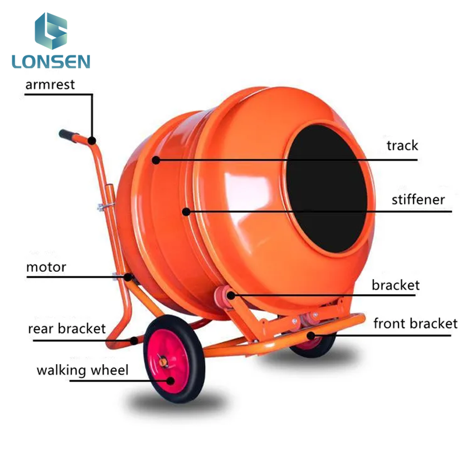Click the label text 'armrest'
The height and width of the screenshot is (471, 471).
coord(50,84)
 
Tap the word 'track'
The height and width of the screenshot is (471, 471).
coord(402,145)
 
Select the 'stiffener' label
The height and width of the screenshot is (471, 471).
coord(418,200)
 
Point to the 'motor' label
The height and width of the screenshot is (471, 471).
coord(46,267)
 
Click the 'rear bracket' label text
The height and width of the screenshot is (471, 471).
coord(67,328)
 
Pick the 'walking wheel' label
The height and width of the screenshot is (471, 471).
coord(82,369)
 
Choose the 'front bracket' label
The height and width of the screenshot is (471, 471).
coord(415,324)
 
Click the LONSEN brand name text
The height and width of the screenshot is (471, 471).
coord(51,61)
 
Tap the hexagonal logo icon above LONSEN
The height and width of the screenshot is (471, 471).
coord(51,31)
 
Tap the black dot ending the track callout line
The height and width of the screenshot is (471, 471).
coord(156,160)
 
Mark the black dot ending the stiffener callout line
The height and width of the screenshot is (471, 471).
coord(186,211)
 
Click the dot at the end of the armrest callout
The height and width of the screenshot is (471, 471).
coord(92,141)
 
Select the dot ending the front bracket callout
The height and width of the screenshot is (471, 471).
coord(310,336)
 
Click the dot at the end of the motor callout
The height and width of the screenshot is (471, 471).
coord(129,277)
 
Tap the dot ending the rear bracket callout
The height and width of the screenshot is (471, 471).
coord(133,340)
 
